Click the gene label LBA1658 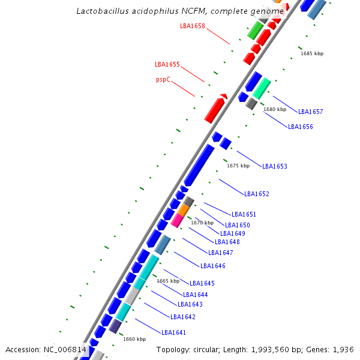[x=193, y=26]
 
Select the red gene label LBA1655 [x=167, y=65]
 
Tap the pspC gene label [x=164, y=80]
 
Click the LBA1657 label [x=311, y=112]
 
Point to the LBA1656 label [x=301, y=127]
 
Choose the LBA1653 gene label [x=275, y=167]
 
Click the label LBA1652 [x=257, y=194]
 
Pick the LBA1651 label [x=244, y=215]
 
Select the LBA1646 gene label [x=213, y=266]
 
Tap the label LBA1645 [x=202, y=283]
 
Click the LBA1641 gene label [x=174, y=332]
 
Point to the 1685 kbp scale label [x=312, y=54]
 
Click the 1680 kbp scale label [x=275, y=109]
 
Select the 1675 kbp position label [x=238, y=166]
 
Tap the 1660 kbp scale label [x=134, y=339]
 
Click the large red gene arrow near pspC [x=215, y=110]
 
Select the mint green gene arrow [x=262, y=88]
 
